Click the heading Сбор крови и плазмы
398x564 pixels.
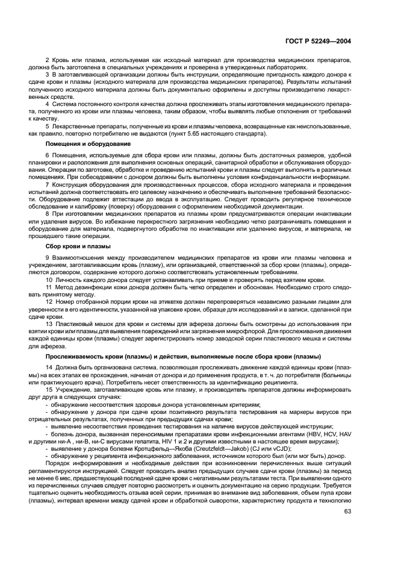click(x=77, y=246)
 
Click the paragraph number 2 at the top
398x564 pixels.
click(x=48, y=61)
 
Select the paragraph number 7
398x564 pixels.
click(x=48, y=184)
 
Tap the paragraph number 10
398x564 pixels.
click(x=49, y=280)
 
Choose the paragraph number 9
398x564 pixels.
click(x=48, y=258)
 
